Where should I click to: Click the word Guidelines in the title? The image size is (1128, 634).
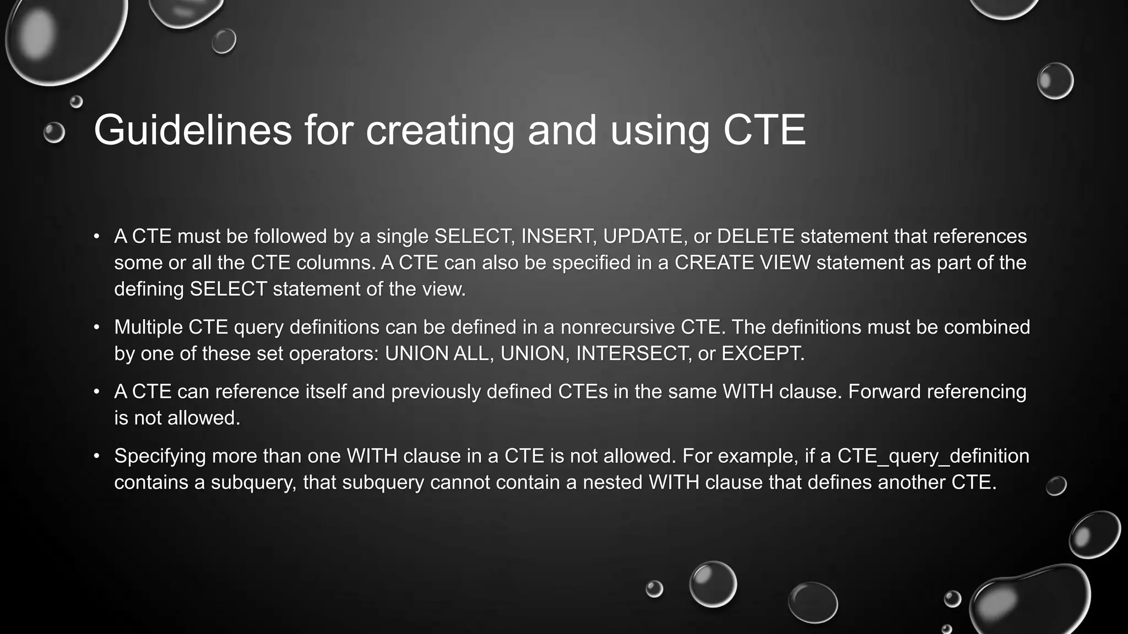point(193,130)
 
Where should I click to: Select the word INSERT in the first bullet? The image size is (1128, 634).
point(558,236)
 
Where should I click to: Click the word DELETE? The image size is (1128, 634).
point(756,236)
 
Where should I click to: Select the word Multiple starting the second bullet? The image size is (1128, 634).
point(148,327)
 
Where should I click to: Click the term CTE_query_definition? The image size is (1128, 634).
point(933,456)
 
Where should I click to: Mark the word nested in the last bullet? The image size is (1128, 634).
point(612,482)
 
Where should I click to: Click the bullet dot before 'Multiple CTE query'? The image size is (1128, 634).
point(96,327)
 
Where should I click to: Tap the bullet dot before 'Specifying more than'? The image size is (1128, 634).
point(96,456)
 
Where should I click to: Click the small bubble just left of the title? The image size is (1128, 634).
point(54,133)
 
